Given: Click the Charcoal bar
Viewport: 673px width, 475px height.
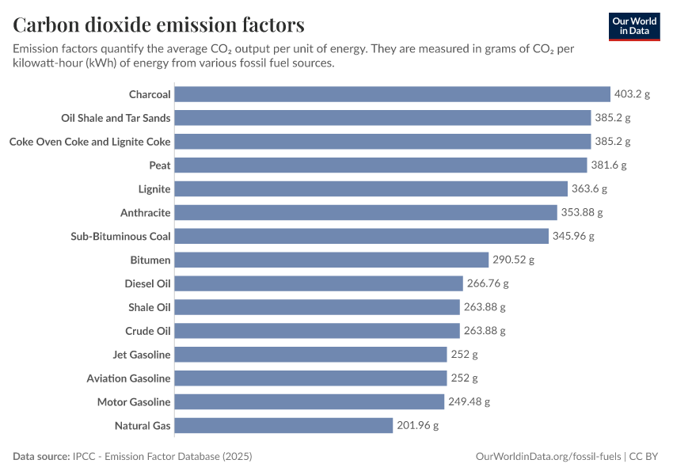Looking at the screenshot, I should coord(392,94).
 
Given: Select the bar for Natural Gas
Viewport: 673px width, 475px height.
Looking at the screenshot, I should coord(283,426).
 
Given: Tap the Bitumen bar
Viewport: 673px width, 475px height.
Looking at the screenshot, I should coord(331,260).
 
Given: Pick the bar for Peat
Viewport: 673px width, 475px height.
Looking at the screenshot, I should coord(382,165).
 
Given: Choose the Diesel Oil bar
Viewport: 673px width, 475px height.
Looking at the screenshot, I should coord(318,283).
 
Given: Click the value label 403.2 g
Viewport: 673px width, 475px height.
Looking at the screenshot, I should coord(632,94).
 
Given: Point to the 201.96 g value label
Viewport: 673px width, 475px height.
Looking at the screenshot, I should coord(417,426).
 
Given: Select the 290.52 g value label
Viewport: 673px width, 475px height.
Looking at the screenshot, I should coord(513,260).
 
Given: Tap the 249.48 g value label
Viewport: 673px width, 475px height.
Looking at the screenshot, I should coord(469,402).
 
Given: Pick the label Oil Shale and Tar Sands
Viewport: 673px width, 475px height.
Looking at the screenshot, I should coord(116,118).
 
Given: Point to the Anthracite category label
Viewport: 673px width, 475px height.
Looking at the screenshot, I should coord(145,213).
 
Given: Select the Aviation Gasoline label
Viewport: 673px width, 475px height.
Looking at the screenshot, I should coord(128,378).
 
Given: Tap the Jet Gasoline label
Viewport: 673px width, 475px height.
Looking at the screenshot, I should coord(142,355).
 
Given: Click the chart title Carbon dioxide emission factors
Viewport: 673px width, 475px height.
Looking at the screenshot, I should coord(158,25).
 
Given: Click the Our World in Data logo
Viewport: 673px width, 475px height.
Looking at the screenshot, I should coord(634,25).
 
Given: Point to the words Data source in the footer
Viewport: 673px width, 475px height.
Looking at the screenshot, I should coord(40,457).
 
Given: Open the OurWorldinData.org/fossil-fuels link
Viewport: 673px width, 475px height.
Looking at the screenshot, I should coord(548,457).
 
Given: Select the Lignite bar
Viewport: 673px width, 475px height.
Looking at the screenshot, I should coord(371,189).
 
